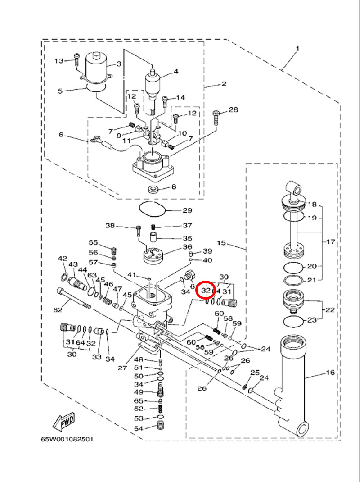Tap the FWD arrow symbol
63,421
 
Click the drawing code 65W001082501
66,439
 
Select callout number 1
297,48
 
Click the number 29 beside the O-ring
187,210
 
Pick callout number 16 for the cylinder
330,373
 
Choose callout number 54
138,428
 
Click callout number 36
187,247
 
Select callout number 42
62,259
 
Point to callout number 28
233,109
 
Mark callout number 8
173,186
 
